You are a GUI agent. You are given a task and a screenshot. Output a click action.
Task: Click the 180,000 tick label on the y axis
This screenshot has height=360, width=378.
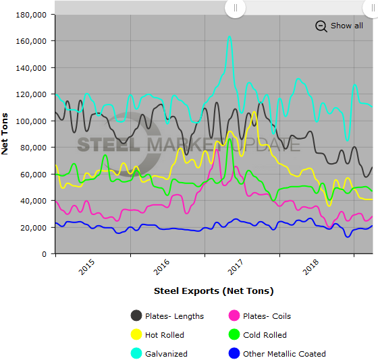tap(31, 14)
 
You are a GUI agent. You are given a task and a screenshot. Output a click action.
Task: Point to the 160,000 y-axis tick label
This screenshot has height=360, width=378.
tap(31, 41)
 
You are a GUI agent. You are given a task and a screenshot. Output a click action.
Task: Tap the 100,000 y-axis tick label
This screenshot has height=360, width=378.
tap(31, 121)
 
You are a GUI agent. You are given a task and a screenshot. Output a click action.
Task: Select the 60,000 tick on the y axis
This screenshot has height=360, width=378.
tap(33, 175)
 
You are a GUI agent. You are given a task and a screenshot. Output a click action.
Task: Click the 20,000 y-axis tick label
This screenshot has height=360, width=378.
tap(33, 228)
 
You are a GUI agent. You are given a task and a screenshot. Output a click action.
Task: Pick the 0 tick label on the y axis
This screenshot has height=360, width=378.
tap(43, 254)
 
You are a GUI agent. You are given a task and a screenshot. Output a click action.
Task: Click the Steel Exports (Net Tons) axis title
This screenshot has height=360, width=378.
tap(213, 291)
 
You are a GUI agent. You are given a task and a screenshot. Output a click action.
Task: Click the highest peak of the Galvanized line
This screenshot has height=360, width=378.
tap(230, 36)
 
